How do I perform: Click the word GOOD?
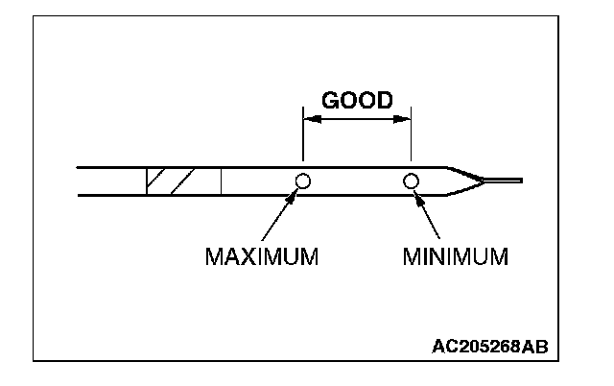[357, 100]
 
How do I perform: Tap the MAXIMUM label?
[261, 256]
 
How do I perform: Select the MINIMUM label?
[455, 256]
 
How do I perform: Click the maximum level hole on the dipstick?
[303, 181]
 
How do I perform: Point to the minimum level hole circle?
[412, 181]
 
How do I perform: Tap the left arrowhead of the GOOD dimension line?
[308, 120]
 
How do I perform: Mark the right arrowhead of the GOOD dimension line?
[406, 120]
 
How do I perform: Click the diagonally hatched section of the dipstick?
[170, 181]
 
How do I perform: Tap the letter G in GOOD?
[330, 100]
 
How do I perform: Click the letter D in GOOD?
[384, 100]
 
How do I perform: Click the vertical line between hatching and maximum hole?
[222, 181]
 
